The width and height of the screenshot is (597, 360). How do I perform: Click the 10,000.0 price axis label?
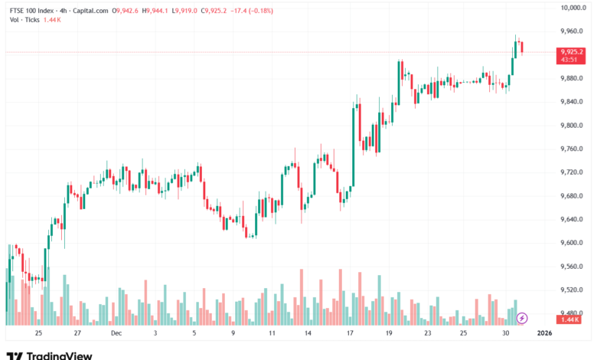point(573,8)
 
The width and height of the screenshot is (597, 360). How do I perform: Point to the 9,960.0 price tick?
point(571,31)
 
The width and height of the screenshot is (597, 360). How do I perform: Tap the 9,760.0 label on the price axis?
point(571,149)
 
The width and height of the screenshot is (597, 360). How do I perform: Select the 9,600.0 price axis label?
point(571,243)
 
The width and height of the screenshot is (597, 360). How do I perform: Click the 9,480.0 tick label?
point(571,313)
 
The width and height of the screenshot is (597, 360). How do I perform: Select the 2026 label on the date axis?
point(544,334)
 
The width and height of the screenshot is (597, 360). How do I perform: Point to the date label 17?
point(350,334)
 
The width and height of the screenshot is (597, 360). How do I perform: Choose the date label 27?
point(77,334)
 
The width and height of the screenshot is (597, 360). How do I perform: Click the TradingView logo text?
point(59,355)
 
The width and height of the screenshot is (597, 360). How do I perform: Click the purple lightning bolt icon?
point(523,317)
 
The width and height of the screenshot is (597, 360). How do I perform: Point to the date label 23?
point(428,334)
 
